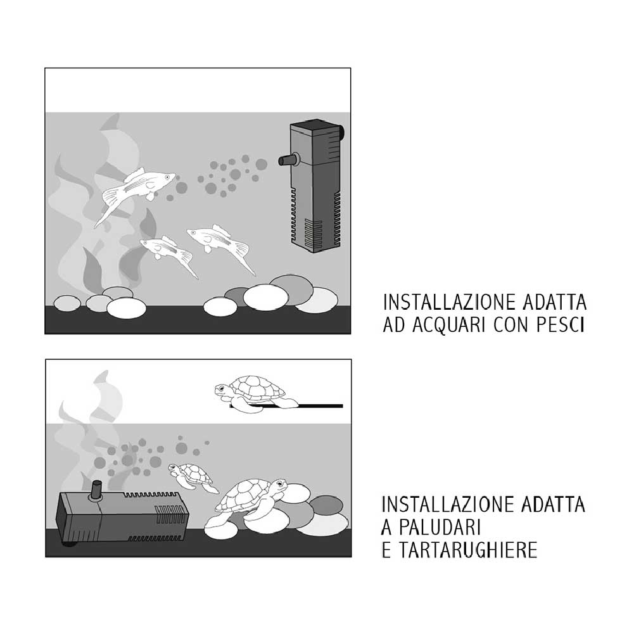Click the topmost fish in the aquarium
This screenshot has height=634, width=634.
tap(136, 187)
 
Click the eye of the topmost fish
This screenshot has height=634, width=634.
tap(167, 178)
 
